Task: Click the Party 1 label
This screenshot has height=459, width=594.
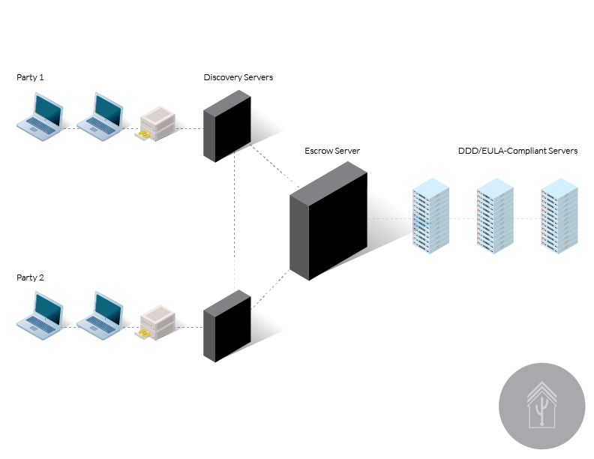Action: tap(30, 77)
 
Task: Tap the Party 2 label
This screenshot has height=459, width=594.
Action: tap(30, 277)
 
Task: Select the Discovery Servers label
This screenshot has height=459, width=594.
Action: tap(238, 77)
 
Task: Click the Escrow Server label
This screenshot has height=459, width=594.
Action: tap(332, 151)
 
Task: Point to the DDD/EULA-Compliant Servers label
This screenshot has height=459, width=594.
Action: tap(517, 151)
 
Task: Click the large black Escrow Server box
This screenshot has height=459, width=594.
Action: tap(328, 220)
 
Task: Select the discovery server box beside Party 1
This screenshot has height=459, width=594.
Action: tap(227, 126)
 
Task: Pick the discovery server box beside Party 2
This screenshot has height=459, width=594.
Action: tap(227, 326)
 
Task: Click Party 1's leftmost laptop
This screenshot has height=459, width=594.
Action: tap(40, 117)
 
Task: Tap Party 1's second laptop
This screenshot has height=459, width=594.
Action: tap(100, 117)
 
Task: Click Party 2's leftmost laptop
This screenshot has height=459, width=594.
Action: tap(40, 316)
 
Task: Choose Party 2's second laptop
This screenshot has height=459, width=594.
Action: tap(100, 316)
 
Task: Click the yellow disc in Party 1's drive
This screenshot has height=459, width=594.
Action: tap(144, 134)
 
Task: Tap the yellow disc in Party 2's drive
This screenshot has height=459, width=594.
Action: tap(144, 333)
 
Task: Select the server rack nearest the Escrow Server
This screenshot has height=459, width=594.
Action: tap(430, 216)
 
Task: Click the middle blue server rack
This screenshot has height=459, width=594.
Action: tap(495, 216)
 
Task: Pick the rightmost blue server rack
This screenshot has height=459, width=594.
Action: tap(559, 216)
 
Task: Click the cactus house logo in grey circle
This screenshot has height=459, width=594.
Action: tap(541, 406)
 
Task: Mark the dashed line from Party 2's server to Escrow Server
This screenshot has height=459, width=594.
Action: tap(271, 289)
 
